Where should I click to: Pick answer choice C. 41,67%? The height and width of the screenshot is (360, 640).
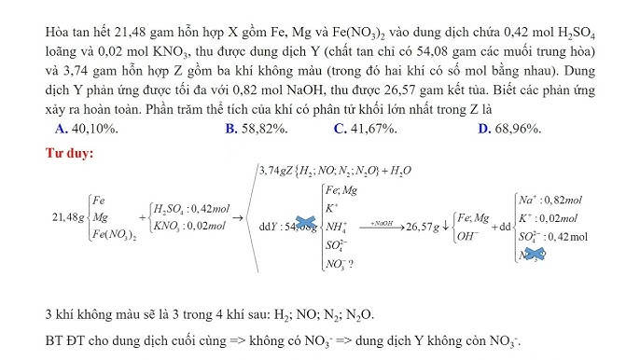point(369,129)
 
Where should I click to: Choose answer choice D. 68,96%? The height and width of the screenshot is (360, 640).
point(508,129)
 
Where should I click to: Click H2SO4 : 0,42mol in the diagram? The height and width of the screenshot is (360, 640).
point(191,208)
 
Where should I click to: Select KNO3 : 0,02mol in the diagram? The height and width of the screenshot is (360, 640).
point(191,226)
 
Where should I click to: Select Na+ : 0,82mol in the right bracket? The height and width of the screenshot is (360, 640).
point(550,200)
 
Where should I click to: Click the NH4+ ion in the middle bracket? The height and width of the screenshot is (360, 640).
point(335,226)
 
